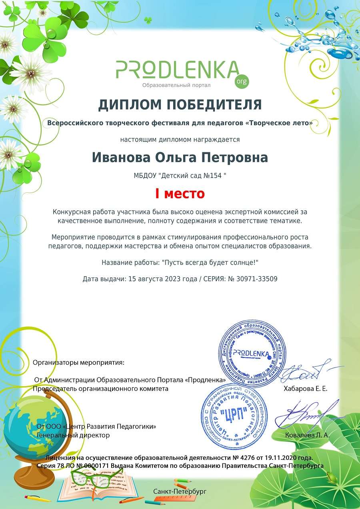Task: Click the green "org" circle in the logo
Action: [x=242, y=81]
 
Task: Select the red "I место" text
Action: [x=180, y=194]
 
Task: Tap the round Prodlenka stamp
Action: [x=252, y=352]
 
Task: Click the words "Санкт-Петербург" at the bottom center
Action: [x=180, y=491]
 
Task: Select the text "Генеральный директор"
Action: [x=73, y=435]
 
